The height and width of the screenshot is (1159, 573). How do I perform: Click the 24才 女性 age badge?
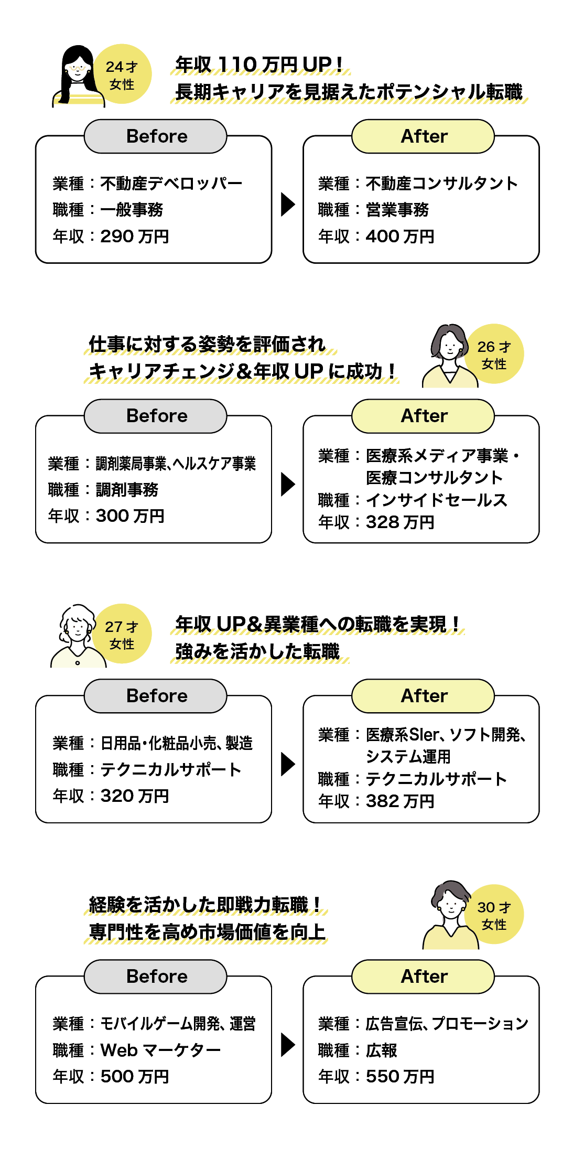coord(122,74)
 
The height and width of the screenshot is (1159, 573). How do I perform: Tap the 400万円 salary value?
coord(399,237)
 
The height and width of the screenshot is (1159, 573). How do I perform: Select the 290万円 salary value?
coord(134,237)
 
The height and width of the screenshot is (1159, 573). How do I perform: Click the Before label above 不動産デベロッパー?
coord(156,136)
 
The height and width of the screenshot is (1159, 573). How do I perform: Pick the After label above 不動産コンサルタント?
coord(424,136)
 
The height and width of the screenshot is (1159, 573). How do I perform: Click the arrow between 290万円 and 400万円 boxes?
coord(288,204)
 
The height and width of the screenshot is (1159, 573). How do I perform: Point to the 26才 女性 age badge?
coord(494,355)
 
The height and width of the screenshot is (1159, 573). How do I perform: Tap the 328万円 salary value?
coord(399,522)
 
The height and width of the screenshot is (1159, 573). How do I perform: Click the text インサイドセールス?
coord(436,500)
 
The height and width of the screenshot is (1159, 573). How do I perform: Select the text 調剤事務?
coord(127,490)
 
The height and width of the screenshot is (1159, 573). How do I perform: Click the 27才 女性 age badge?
coord(122,635)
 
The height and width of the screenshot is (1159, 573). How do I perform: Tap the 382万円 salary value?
coord(399,801)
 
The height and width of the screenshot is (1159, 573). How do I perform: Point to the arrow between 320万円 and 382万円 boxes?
coord(288,764)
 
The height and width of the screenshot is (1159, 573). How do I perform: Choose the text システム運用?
coord(408,757)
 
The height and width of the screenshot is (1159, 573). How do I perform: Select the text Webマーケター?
coord(160,1050)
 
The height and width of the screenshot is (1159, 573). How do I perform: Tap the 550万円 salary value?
coord(399,1077)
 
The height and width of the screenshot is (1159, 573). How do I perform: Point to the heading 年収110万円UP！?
coord(259,65)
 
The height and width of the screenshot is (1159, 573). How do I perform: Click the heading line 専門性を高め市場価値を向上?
coord(207,932)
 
